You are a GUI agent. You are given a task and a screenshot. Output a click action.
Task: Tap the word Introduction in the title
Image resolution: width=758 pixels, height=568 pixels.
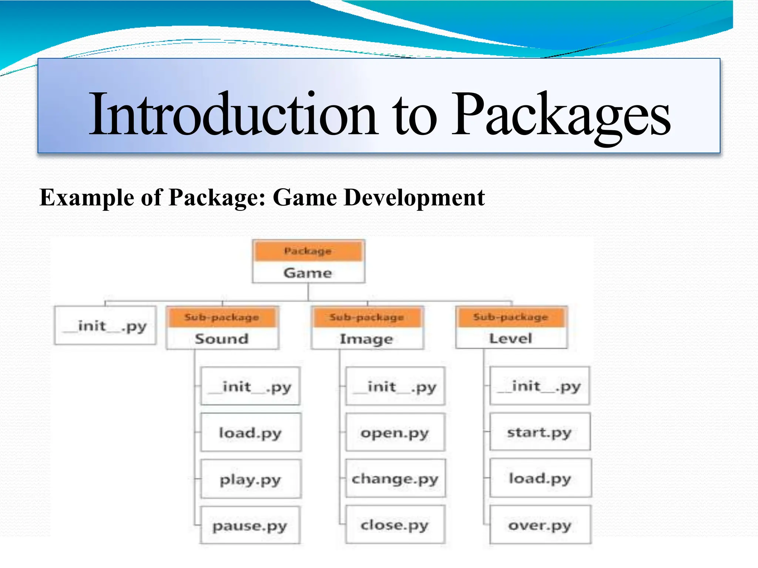coord(233,115)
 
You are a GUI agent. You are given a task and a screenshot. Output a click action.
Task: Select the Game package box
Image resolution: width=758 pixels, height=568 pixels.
coord(308,273)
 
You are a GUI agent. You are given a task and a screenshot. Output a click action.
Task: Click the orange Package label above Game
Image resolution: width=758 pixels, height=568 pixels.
coord(308,251)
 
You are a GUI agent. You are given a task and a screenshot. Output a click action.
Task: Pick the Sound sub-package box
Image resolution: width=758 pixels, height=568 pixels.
coord(222,338)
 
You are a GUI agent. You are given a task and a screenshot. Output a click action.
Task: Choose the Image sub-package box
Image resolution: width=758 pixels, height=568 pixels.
coord(367,338)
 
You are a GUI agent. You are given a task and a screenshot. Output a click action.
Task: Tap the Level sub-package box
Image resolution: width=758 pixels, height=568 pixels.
coord(511,338)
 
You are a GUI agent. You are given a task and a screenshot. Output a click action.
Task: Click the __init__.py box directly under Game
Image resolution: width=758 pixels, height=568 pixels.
coord(105,326)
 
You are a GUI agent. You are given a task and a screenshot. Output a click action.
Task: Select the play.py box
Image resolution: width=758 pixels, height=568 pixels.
coord(251,479)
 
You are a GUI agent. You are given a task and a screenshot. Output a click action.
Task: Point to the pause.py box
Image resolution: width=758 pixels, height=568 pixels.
coord(250,525)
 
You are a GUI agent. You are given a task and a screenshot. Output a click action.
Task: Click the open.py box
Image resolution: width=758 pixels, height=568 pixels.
coord(395,432)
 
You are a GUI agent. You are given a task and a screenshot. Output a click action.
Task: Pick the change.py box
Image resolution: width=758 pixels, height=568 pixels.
coord(395,479)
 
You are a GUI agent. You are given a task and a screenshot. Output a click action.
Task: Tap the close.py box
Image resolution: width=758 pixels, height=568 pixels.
coord(395,524)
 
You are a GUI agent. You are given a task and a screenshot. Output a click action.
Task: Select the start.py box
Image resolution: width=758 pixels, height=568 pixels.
coord(540,432)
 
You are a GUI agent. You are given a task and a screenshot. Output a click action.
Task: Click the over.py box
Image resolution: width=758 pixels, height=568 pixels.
coord(540,525)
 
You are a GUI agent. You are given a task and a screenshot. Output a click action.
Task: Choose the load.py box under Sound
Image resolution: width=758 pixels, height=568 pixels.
coord(251,432)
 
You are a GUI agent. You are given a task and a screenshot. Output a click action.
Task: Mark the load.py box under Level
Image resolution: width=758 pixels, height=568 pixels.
coord(540,478)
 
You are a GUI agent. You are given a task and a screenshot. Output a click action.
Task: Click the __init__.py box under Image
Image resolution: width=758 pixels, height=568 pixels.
coord(395,386)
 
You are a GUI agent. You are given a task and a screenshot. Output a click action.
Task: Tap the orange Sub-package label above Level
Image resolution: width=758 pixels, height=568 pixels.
coord(511,317)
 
